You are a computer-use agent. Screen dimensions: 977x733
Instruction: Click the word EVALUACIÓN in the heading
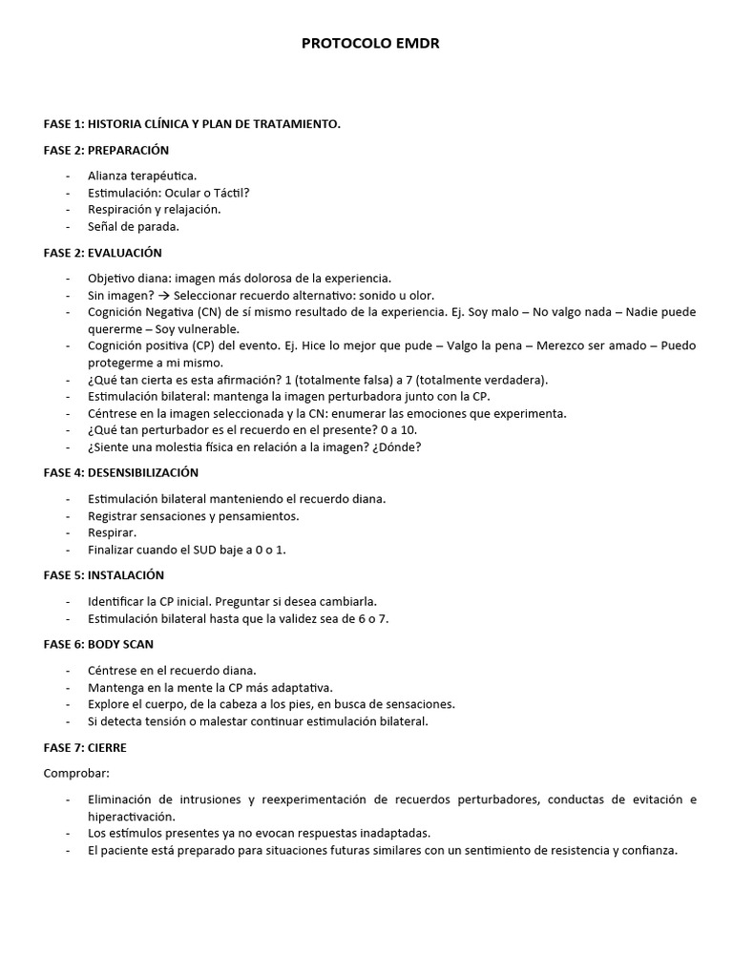coord(125,253)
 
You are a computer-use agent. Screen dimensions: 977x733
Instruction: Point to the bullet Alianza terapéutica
coord(142,176)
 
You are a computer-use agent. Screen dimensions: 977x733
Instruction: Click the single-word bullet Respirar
coord(113,533)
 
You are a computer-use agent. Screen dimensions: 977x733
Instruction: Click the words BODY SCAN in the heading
coord(120,644)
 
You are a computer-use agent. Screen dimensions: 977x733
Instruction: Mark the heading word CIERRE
coord(107,747)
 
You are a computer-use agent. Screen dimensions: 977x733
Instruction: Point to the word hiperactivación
coord(132,816)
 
